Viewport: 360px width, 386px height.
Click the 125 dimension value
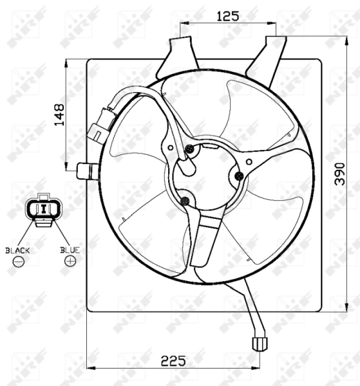tap(228, 16)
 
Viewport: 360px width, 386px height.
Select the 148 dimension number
tap(59, 116)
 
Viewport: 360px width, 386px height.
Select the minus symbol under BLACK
tap(18, 261)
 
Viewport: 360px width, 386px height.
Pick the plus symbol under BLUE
tap(70, 261)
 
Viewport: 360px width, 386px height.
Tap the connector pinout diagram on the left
tap(43, 210)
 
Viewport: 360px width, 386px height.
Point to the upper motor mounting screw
tap(190, 150)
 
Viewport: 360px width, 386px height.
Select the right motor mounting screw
tap(240, 175)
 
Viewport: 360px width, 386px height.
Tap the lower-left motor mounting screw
tap(185, 201)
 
